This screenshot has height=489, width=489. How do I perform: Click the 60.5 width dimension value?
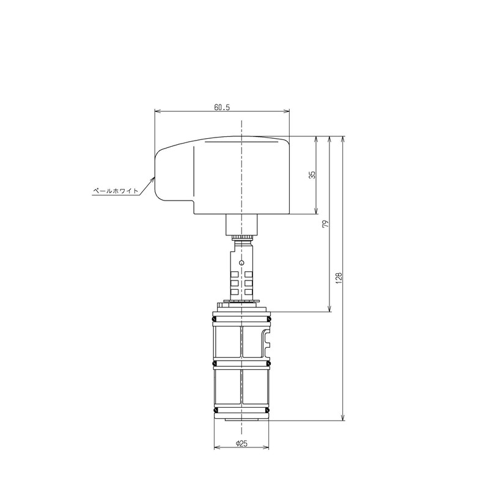pyautogui.click(x=222, y=107)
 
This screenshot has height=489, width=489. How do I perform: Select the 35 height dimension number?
pyautogui.click(x=312, y=175)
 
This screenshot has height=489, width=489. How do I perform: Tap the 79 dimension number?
pyautogui.click(x=326, y=224)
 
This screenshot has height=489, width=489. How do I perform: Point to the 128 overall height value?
pyautogui.click(x=339, y=278)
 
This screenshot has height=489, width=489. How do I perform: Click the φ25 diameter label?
pyautogui.click(x=241, y=444)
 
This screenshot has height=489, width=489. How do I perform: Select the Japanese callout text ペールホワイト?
pyautogui.click(x=116, y=191)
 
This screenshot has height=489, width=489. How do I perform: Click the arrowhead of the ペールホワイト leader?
pyautogui.click(x=153, y=179)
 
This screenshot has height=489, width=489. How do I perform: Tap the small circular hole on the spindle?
pyautogui.click(x=242, y=263)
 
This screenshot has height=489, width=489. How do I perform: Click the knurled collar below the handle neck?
pyautogui.click(x=242, y=235)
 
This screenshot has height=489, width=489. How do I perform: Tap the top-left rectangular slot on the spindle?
pyautogui.click(x=233, y=273)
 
